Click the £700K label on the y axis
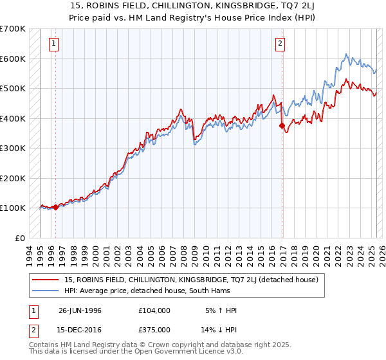[x=13, y=29]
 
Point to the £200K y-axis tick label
[x=13, y=178]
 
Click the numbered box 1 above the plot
[x=53, y=44]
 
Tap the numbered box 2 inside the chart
[x=280, y=44]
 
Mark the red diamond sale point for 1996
[x=55, y=207]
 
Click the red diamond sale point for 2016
[x=282, y=126]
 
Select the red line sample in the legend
[x=46, y=280]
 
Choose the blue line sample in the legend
[x=46, y=291]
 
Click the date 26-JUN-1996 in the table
[x=80, y=310]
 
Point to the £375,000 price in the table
[x=154, y=330]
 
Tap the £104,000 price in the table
[x=154, y=310]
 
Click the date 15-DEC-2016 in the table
[x=80, y=330]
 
